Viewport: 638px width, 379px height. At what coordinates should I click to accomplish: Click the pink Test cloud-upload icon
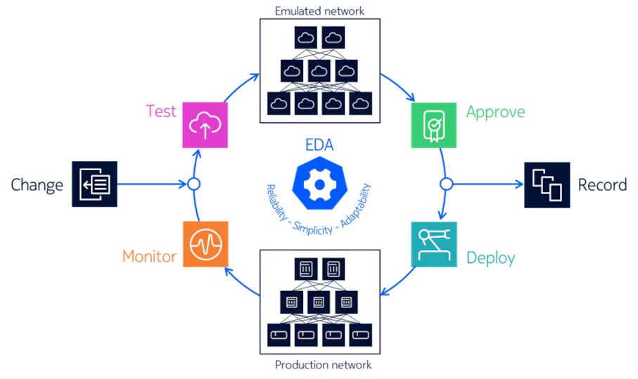pyautogui.click(x=205, y=124)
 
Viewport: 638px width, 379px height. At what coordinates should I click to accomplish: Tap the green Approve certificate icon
pyautogui.click(x=433, y=124)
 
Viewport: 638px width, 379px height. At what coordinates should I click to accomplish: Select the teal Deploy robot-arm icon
pyautogui.click(x=433, y=244)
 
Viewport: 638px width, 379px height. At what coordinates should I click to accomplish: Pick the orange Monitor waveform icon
pyautogui.click(x=205, y=244)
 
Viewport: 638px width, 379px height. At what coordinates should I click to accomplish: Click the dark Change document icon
pyautogui.click(x=94, y=184)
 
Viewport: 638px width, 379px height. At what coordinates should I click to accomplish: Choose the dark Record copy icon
pyautogui.click(x=547, y=184)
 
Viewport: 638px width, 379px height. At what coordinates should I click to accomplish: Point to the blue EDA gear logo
pyautogui.click(x=319, y=184)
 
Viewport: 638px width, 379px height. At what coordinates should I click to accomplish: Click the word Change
pyautogui.click(x=37, y=185)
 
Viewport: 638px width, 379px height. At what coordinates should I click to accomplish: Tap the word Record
pyautogui.click(x=602, y=185)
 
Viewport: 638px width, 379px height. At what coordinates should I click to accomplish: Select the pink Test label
pyautogui.click(x=161, y=111)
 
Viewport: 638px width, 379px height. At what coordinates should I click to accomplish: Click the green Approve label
pyautogui.click(x=495, y=112)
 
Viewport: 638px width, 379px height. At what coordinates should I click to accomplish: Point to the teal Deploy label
pyautogui.click(x=490, y=258)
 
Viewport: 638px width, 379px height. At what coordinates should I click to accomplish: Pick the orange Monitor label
pyautogui.click(x=149, y=256)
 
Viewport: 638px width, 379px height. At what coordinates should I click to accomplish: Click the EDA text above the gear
pyautogui.click(x=319, y=147)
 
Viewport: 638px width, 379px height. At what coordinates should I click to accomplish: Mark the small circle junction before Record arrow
pyautogui.click(x=445, y=184)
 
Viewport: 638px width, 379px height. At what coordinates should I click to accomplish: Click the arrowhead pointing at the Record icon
pyautogui.click(x=520, y=184)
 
